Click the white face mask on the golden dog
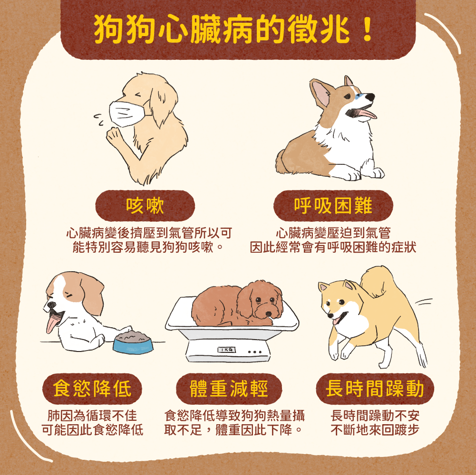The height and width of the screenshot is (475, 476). tap(127, 114)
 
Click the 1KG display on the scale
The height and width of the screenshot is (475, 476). tap(226, 350)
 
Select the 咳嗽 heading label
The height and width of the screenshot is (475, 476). tap(145, 206)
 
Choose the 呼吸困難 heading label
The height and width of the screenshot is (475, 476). tap(333, 206)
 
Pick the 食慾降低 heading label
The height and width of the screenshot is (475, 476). tap(92, 389)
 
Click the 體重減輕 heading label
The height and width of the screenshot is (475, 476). tap(229, 389)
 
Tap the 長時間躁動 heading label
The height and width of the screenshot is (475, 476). tap(375, 389)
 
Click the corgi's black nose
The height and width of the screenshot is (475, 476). tap(370, 97)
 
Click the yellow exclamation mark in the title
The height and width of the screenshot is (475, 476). tap(368, 29)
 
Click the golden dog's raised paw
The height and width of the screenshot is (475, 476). tap(113, 135)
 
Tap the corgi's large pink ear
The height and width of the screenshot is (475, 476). tap(321, 93)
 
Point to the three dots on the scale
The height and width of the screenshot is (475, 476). tap(255, 352)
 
